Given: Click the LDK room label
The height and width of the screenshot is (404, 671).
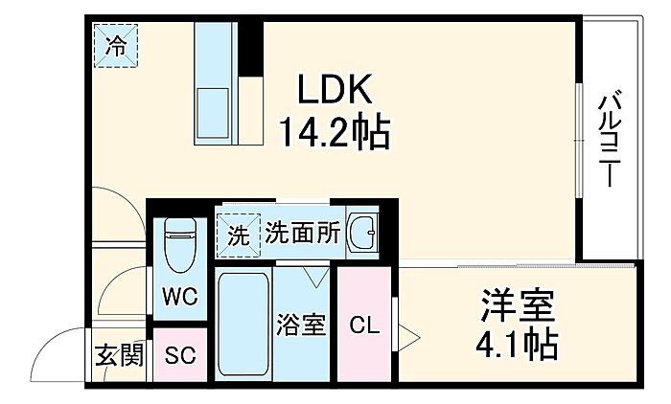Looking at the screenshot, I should (333, 90).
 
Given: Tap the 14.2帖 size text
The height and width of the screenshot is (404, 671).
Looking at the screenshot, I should (334, 132).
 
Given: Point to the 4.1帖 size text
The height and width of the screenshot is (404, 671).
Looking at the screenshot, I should (518, 343).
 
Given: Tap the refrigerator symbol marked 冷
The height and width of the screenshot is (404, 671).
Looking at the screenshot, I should (115, 46).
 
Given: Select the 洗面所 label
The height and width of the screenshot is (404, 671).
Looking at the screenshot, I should (302, 233).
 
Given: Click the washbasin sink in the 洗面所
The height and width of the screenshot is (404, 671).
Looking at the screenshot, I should (362, 232).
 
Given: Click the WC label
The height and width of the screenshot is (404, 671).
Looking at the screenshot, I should (179, 297).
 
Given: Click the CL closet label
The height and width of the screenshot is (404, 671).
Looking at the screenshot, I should (363, 325).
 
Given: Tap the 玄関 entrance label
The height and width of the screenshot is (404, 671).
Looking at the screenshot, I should (119, 355).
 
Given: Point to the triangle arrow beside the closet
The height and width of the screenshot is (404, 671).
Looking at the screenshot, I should (408, 337).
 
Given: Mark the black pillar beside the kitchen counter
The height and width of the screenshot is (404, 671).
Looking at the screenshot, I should (250, 44).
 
